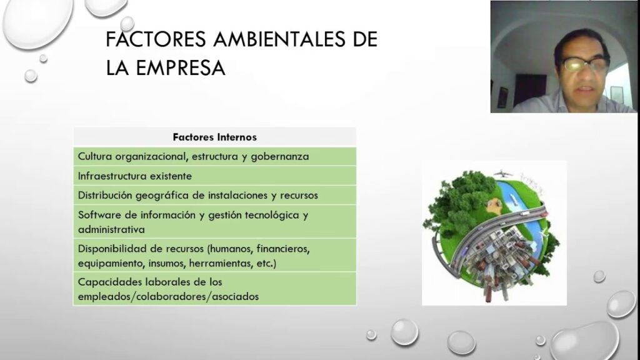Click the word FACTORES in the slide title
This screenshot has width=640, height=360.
click(156, 39)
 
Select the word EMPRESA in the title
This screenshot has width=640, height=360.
click(181, 67)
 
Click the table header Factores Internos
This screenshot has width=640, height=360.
click(215, 137)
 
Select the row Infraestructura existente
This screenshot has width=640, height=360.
click(135, 176)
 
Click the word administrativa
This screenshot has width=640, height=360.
click(111, 229)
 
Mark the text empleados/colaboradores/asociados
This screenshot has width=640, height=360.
click(168, 297)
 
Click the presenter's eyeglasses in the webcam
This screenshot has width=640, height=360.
click(586, 64)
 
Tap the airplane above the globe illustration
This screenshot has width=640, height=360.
click(503, 174)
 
